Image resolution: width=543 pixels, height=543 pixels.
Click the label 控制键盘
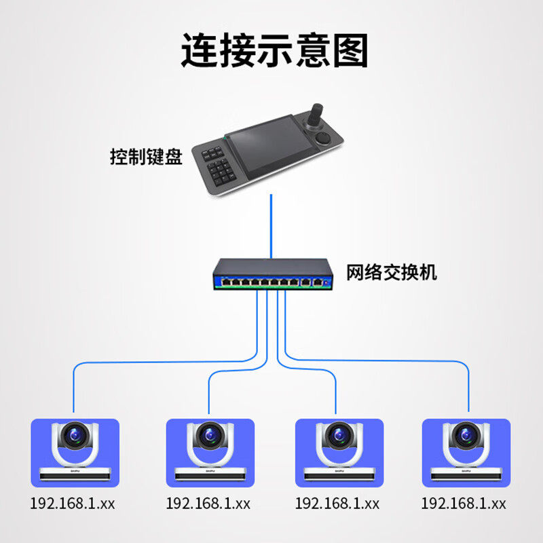pos(146,158)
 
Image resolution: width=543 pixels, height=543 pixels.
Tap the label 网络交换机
pos(392,273)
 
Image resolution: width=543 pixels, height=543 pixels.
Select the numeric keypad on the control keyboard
pos(221,166)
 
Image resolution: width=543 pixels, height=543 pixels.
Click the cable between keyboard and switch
pos(271,224)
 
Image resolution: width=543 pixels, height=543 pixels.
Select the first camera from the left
pos(75,451)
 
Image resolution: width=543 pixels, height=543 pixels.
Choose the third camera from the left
pos(339,451)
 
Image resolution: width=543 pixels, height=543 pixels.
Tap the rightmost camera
pos(466,451)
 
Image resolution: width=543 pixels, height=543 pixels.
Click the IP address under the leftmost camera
pos(72,504)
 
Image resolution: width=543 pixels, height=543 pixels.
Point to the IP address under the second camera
pos(208,504)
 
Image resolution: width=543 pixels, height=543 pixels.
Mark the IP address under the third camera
pos(337,504)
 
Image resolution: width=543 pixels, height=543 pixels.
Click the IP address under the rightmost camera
pos(464,504)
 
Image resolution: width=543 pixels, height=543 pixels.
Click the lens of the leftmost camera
pos(75,434)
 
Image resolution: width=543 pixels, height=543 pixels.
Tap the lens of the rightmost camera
pos(466,434)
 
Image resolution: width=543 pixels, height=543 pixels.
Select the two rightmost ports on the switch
pos(312,280)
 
